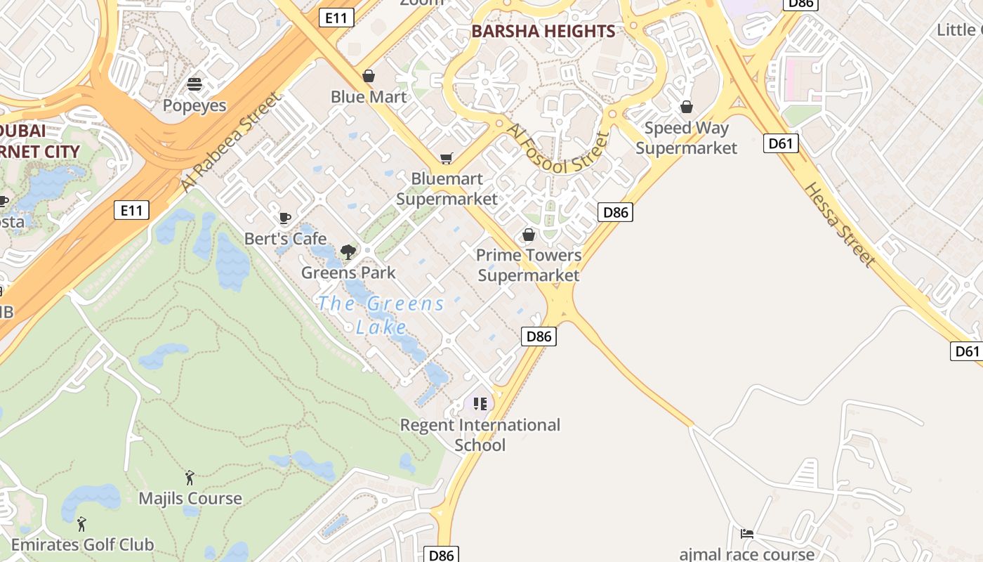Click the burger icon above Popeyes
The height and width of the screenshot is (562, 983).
(194, 84)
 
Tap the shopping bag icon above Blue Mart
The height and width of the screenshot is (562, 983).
(369, 75)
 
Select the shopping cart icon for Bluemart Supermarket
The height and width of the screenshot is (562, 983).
(447, 158)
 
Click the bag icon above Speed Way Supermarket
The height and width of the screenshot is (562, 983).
(687, 107)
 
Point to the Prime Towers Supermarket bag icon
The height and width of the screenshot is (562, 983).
(529, 235)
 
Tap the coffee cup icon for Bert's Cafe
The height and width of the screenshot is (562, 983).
(284, 218)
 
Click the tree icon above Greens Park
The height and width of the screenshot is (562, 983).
(348, 251)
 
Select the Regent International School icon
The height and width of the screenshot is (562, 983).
(480, 404)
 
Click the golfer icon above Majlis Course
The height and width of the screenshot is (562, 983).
(190, 478)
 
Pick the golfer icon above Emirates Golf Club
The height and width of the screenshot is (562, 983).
(81, 524)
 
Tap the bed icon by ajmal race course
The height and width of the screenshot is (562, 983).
(747, 534)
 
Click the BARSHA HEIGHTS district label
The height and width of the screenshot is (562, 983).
(543, 31)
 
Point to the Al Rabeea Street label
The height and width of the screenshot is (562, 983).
(230, 142)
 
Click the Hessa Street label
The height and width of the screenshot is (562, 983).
(840, 224)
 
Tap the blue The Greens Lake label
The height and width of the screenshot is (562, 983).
(381, 315)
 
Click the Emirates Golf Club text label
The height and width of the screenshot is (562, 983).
(82, 544)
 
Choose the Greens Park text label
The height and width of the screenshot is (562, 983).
(348, 273)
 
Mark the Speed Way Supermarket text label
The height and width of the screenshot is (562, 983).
(686, 138)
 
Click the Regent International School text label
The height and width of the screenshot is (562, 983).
(480, 435)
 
